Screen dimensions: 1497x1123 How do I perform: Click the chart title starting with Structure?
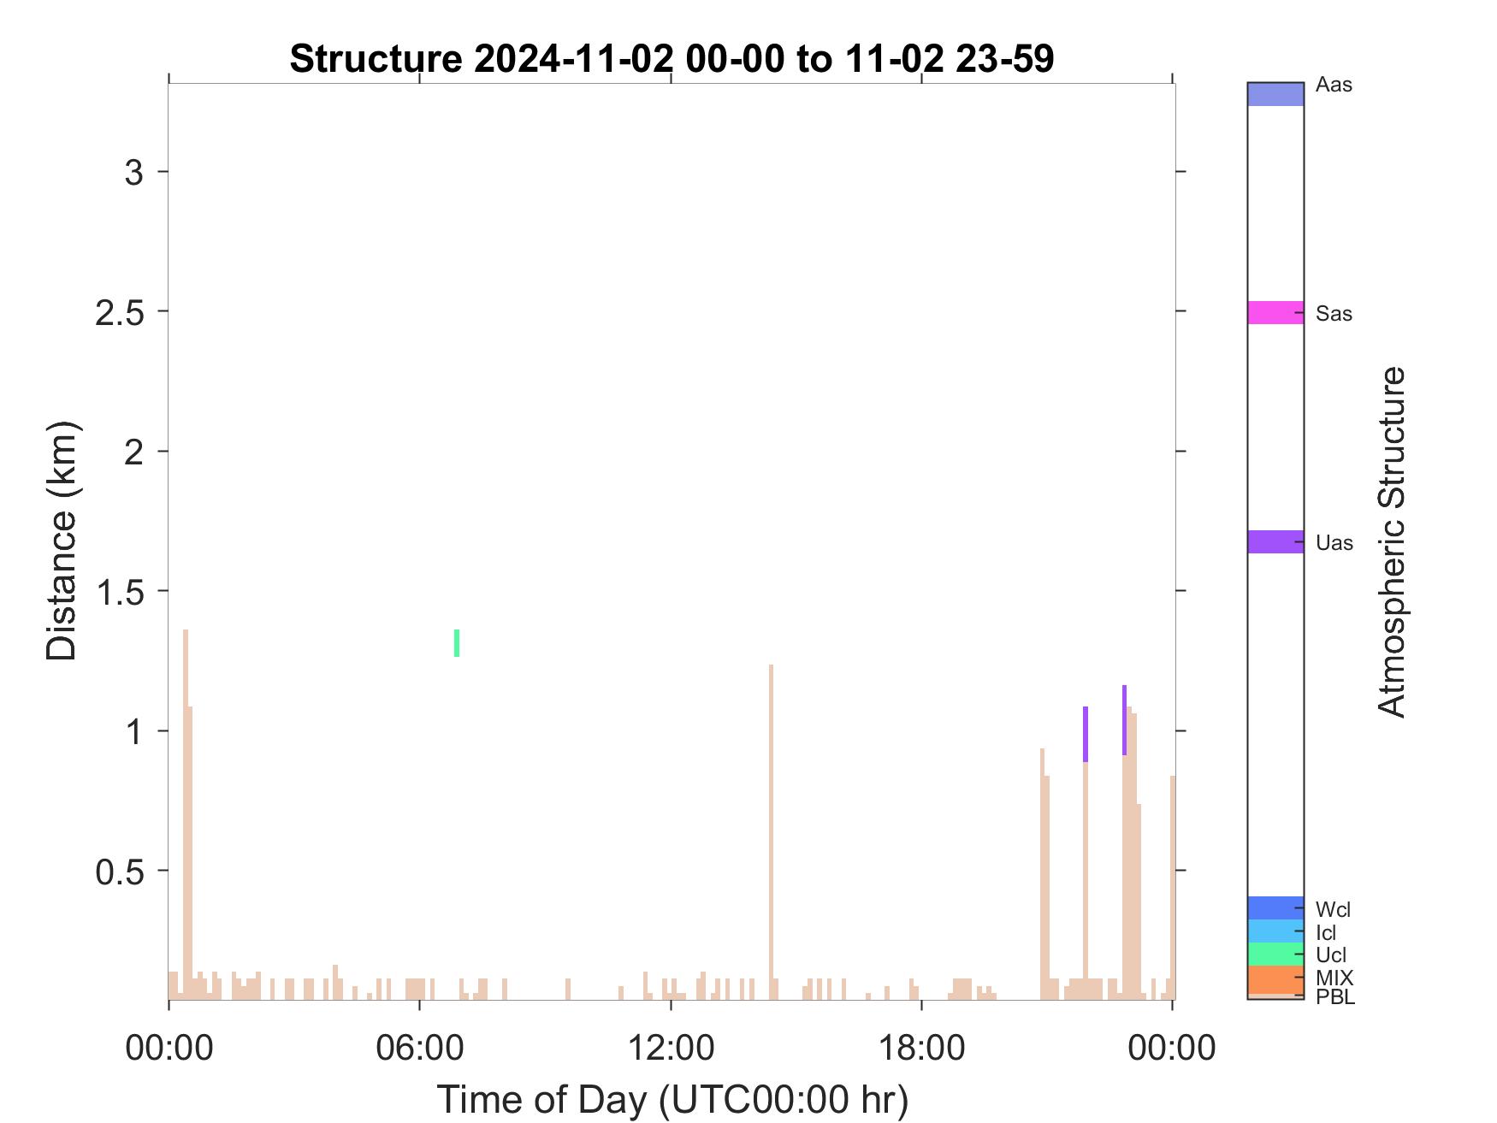pyautogui.click(x=672, y=59)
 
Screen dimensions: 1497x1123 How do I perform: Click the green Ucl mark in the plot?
pyautogui.click(x=457, y=643)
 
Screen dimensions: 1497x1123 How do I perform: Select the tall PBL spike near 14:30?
pyautogui.click(x=771, y=831)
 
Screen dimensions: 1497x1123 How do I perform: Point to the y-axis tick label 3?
pyautogui.click(x=133, y=172)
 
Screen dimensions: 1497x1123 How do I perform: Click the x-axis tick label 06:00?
pyautogui.click(x=420, y=1047)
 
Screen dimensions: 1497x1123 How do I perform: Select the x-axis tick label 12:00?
pyautogui.click(x=671, y=1047)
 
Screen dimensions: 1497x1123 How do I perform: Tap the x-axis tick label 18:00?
pyautogui.click(x=921, y=1047)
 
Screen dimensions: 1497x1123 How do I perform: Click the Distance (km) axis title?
pyautogui.click(x=62, y=541)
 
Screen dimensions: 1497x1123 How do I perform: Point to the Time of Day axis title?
pyautogui.click(x=672, y=1099)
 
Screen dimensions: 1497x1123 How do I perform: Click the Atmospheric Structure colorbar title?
pyautogui.click(x=1392, y=541)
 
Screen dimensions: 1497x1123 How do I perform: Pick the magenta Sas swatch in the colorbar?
pyautogui.click(x=1275, y=312)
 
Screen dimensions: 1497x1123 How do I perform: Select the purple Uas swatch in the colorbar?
pyautogui.click(x=1275, y=541)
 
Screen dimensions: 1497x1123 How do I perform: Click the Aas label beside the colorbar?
pyautogui.click(x=1334, y=85)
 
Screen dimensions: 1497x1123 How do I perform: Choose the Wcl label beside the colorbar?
pyautogui.click(x=1334, y=909)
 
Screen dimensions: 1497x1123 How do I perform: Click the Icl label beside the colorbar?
pyautogui.click(x=1326, y=932)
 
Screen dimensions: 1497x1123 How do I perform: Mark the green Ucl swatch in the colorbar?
pyautogui.click(x=1275, y=954)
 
